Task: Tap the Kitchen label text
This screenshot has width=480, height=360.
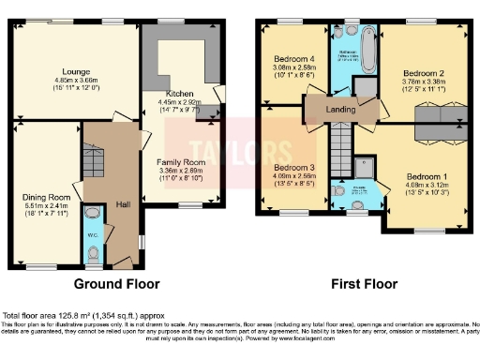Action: (x=179, y=95)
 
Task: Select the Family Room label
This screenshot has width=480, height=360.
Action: (x=181, y=162)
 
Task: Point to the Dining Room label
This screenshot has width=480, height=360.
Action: (x=47, y=198)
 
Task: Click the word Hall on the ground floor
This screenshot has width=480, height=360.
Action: (x=122, y=203)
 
